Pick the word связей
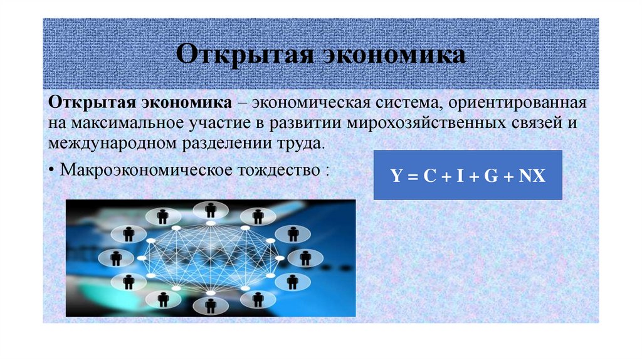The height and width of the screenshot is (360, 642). click(531, 122)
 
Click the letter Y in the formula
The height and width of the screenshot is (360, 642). click(396, 177)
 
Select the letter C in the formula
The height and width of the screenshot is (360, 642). click(428, 177)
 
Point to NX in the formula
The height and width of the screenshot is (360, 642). click(532, 177)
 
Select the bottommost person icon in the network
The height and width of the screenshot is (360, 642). click(211, 305)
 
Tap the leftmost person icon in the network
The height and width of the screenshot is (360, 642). click(116, 257)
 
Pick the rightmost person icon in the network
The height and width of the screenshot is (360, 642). click(305, 257)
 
